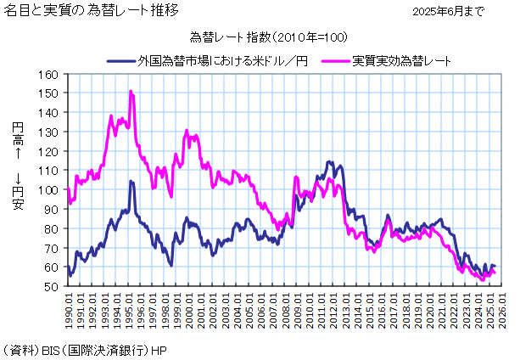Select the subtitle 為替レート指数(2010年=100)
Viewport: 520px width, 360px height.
point(268,39)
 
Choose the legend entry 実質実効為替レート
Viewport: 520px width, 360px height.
point(401,61)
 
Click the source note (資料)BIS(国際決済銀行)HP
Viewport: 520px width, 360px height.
point(85,350)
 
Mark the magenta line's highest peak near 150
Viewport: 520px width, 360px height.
point(131,91)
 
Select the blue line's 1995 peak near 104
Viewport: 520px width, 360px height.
point(131,181)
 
